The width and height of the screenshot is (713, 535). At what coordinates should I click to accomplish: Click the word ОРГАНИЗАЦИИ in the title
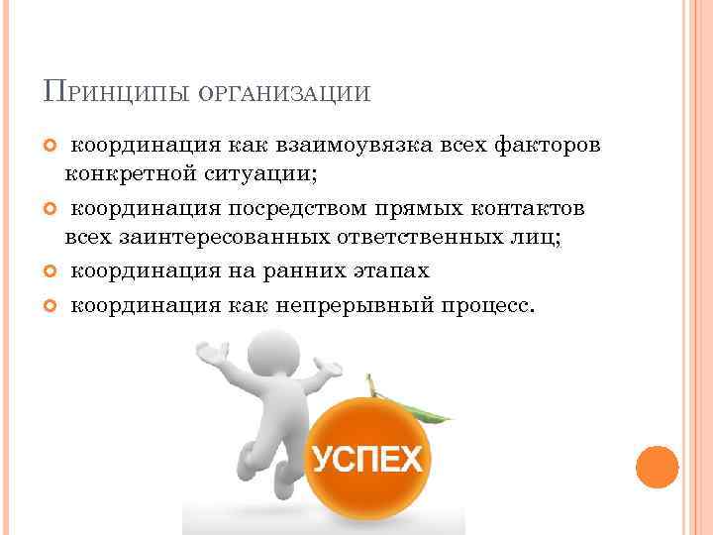click(x=284, y=93)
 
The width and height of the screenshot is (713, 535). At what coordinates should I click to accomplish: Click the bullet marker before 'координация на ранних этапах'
click(x=52, y=270)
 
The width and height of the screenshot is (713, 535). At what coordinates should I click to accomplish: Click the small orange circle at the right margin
click(x=657, y=466)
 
